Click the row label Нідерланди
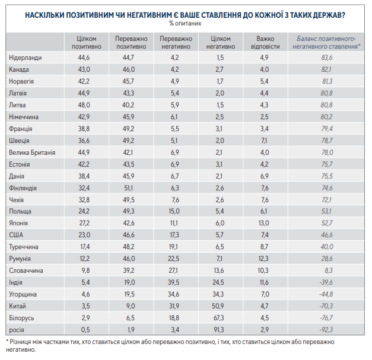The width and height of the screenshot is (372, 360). click(x=26, y=58)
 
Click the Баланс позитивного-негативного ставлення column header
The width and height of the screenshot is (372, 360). click(x=326, y=41)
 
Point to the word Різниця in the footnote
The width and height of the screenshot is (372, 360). click(x=24, y=342)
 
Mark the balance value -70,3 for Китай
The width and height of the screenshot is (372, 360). click(x=326, y=305)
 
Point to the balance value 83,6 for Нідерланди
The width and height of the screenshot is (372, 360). click(x=326, y=58)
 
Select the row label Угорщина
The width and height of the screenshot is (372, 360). click(x=24, y=294)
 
